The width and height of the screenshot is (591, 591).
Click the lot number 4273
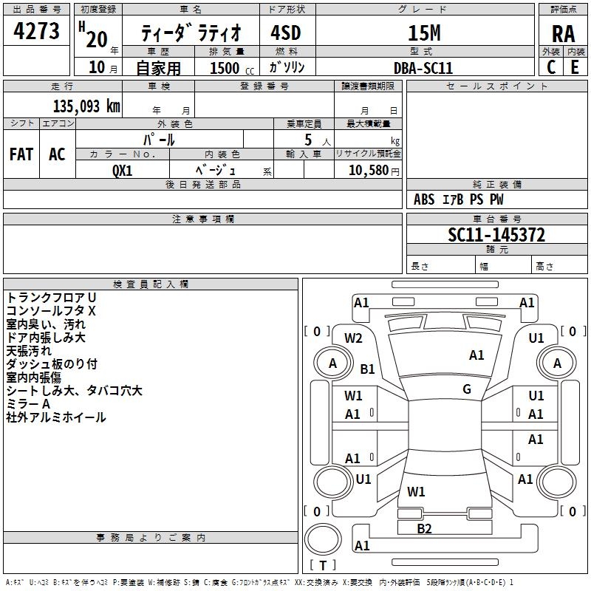pos(38,32)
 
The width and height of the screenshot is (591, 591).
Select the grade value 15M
pos(423,33)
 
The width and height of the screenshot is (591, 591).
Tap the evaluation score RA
pos(563,33)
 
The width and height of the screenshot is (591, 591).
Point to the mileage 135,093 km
pos(86,106)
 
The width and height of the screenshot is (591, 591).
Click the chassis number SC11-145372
pos(496,235)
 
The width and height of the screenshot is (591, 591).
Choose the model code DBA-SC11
pos(423,68)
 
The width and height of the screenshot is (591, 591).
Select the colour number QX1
pos(123,170)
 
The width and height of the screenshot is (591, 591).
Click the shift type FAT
pos(21,154)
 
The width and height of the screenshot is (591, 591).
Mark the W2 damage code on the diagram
pos(354,338)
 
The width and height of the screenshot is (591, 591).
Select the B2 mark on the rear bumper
pos(424,528)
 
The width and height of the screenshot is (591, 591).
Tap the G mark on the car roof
pos(467,389)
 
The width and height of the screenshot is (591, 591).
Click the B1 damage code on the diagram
pos(368,369)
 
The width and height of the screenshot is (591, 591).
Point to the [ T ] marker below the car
pos(323,566)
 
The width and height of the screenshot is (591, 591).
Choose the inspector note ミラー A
pos(28,404)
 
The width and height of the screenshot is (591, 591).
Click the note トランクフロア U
pos(51,298)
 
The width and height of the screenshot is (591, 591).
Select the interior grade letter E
pos(575,67)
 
